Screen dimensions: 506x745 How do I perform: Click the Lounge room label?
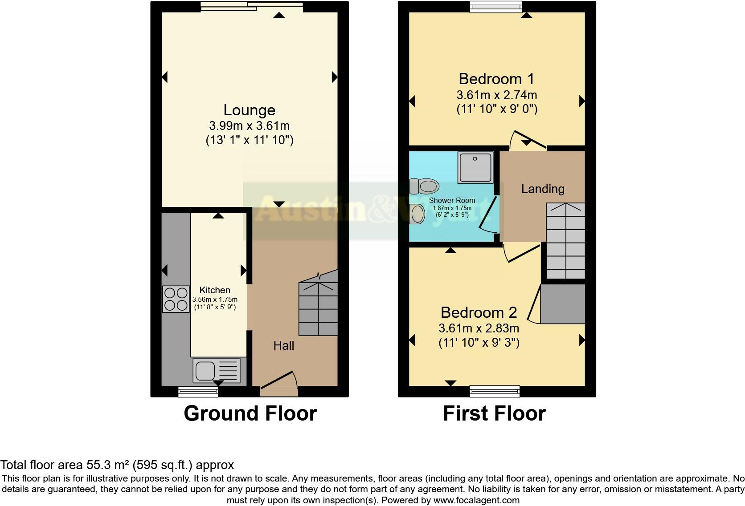tap(249, 110)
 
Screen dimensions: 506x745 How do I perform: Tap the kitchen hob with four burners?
tap(176, 299)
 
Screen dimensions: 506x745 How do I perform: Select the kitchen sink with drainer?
tap(217, 370)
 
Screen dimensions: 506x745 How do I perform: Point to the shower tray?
tap(476, 167)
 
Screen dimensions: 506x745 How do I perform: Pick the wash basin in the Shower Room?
tap(418, 214)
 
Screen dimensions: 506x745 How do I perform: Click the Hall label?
tap(284, 345)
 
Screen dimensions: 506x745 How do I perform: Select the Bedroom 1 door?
tap(528, 140)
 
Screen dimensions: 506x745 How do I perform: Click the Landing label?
tap(543, 189)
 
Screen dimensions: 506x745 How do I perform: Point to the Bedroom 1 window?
tap(496, 6)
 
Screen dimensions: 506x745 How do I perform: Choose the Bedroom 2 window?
tap(495, 391)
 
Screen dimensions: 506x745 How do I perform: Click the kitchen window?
tap(198, 392)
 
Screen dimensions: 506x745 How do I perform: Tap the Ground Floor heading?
tap(250, 413)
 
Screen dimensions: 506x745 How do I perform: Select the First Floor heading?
tap(494, 413)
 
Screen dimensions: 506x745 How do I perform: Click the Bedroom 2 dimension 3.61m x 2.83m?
tap(479, 328)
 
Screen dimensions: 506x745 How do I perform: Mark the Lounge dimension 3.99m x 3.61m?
tap(249, 126)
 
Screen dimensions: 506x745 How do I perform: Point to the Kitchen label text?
tap(215, 290)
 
